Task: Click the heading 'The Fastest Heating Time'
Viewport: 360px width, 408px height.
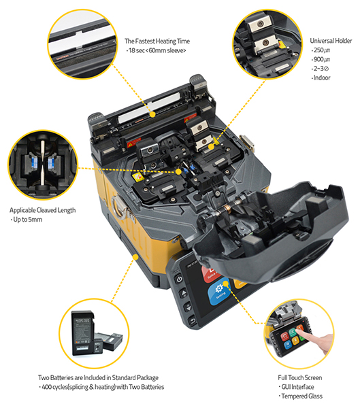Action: click(157, 41)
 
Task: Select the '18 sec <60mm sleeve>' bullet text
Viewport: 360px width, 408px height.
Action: click(157, 50)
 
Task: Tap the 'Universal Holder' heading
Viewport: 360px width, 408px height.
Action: click(331, 41)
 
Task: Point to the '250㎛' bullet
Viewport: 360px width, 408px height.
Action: click(321, 50)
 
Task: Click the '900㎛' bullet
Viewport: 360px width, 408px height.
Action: click(321, 59)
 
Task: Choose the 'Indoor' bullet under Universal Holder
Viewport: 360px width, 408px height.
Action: click(321, 78)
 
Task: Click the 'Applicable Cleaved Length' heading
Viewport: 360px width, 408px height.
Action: click(42, 210)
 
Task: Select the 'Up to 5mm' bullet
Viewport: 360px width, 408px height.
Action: click(27, 220)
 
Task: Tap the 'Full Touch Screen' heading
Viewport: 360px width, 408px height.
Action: click(300, 377)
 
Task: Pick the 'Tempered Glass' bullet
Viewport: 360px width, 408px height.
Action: click(301, 396)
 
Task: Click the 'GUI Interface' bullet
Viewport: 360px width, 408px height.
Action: click(297, 387)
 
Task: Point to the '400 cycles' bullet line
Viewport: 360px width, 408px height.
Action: click(102, 387)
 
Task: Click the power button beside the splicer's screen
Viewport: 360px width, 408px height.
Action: click(179, 279)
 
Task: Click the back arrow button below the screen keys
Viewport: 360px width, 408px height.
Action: click(192, 320)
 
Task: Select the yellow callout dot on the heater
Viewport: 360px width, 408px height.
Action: click(153, 114)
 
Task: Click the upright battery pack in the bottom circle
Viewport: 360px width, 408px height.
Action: click(83, 333)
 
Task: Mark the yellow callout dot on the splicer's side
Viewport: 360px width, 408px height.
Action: click(135, 257)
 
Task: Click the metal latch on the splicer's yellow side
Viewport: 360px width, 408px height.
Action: click(120, 207)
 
